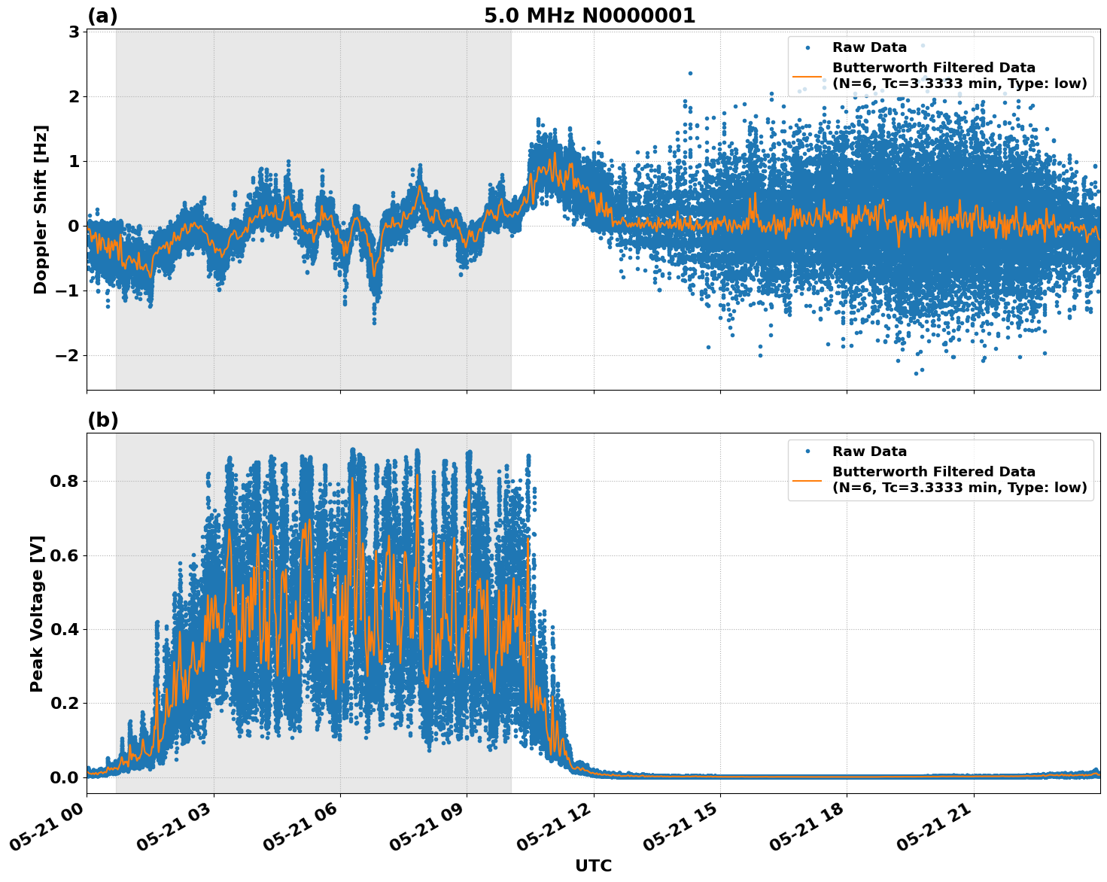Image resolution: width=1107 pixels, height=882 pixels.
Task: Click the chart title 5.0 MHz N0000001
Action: click(x=589, y=16)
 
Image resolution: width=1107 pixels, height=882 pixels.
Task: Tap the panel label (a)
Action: click(x=102, y=16)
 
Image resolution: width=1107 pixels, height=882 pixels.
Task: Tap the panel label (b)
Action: click(x=102, y=420)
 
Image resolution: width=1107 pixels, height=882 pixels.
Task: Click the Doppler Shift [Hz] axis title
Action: click(x=41, y=209)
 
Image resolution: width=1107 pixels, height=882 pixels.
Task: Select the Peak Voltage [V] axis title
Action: click(x=37, y=613)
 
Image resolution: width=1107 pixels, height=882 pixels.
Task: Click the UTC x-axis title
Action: click(x=593, y=865)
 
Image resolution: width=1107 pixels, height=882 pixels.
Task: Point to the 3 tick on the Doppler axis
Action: click(x=74, y=32)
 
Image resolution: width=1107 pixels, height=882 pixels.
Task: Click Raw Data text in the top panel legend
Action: click(x=869, y=47)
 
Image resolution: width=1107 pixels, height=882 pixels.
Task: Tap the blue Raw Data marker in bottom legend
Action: click(x=807, y=452)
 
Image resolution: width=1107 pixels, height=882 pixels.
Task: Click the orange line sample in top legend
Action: click(x=807, y=75)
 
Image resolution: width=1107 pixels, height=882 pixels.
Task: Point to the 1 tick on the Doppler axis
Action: click(x=74, y=161)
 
